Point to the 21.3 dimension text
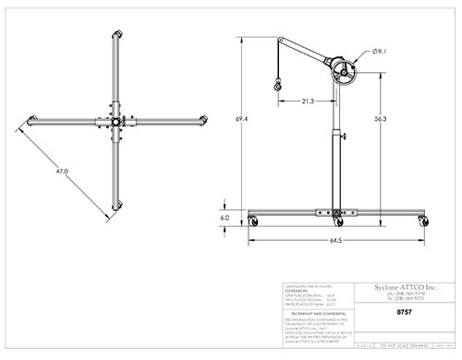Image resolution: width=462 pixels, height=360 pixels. coord(308,101)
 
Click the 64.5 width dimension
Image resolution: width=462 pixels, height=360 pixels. coord(335,241)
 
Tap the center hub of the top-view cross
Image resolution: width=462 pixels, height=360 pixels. coord(115,122)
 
